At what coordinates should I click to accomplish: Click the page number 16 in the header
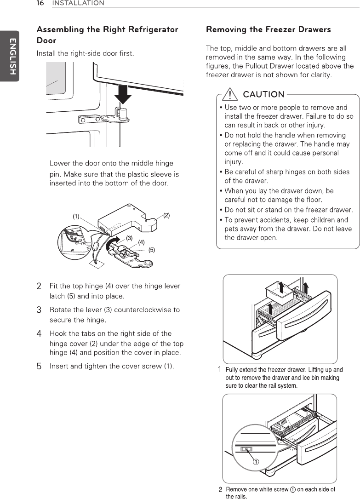[x=40, y=3]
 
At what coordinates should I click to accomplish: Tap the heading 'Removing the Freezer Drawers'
[x=269, y=29]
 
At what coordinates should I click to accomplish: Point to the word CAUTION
[x=263, y=95]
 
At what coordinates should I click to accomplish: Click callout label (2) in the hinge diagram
[x=166, y=215]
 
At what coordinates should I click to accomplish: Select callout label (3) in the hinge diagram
[x=129, y=238]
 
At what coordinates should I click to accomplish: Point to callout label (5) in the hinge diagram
[x=151, y=250]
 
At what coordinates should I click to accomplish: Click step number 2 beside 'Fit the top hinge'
[x=40, y=287]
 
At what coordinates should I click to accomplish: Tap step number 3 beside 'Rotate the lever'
[x=40, y=310]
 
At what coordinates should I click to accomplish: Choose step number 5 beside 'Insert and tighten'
[x=40, y=367]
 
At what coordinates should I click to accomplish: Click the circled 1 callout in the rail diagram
[x=256, y=462]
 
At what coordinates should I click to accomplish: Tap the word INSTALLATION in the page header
[x=78, y=3]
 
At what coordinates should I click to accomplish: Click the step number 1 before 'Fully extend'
[x=220, y=370]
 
